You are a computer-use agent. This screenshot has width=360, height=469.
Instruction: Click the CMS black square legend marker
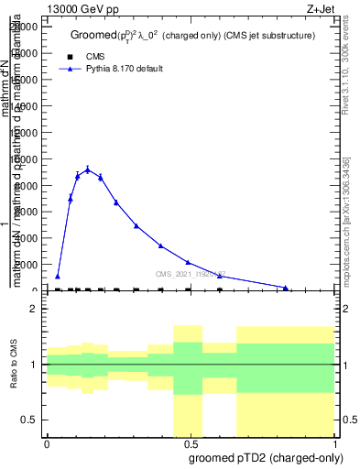[66, 56]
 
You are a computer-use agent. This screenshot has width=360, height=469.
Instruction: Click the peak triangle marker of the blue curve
[88, 169]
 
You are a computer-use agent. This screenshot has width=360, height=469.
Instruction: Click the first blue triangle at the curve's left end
[58, 276]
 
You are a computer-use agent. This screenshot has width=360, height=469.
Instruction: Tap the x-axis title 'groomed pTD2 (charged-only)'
[262, 456]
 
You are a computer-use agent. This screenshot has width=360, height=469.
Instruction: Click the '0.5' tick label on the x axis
[191, 443]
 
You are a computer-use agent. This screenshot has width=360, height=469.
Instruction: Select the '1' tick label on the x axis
[334, 443]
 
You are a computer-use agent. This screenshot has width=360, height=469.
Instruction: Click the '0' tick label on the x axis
[47, 443]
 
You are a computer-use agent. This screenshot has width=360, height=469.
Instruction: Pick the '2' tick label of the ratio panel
[33, 310]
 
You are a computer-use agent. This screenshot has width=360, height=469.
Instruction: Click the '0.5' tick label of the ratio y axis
[27, 420]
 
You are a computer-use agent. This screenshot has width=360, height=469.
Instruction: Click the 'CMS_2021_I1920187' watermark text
[190, 274]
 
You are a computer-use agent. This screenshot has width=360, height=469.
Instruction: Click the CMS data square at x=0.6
[220, 289]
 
